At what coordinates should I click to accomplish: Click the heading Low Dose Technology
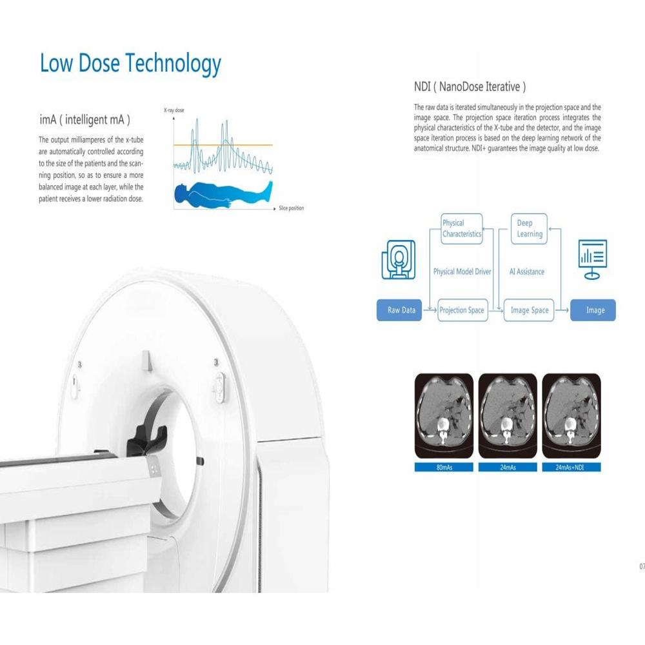(130, 64)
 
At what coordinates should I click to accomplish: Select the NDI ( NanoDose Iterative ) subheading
(470, 86)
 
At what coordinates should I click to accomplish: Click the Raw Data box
(401, 310)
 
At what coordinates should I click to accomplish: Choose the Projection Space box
(461, 310)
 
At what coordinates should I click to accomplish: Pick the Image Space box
(529, 310)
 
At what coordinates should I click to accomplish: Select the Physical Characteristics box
(462, 229)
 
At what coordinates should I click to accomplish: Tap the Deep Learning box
(529, 229)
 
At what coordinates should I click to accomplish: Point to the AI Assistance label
(526, 272)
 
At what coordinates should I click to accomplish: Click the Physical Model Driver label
(462, 272)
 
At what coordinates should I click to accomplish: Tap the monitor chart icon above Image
(593, 259)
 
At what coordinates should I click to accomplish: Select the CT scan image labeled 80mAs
(444, 415)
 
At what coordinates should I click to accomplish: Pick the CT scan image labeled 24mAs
(508, 415)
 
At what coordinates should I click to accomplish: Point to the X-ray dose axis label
(174, 111)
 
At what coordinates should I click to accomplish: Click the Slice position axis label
(291, 208)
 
